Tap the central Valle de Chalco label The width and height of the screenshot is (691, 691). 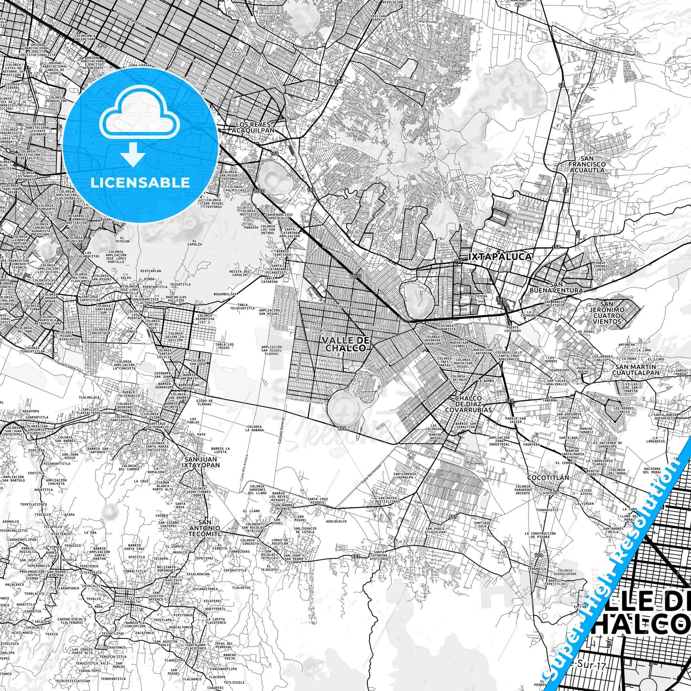(346, 344)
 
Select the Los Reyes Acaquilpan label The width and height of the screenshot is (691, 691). (255, 127)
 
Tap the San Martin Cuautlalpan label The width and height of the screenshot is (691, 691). (636, 370)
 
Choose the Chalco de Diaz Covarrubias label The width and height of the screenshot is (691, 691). (468, 404)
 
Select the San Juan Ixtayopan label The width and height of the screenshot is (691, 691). (202, 461)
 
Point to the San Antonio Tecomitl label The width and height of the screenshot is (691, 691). (204, 527)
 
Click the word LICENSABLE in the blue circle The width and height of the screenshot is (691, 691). (140, 183)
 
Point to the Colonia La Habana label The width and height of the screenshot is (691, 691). (254, 428)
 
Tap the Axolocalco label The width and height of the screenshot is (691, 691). (337, 521)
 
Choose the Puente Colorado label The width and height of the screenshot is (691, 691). (512, 330)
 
